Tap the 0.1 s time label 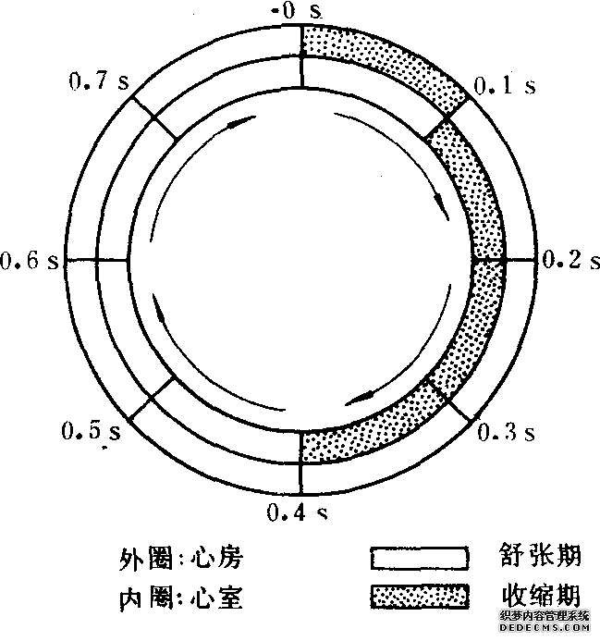(505, 86)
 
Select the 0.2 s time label (571, 259)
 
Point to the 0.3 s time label (506, 432)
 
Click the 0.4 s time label (297, 512)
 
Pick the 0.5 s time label (92, 431)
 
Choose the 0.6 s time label (30, 260)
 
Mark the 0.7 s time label (99, 81)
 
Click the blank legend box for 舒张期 (420, 558)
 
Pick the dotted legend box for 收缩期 (420, 596)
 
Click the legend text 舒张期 (540, 555)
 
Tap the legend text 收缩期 (541, 595)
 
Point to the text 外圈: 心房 (181, 558)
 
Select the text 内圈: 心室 (181, 598)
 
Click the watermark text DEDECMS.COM (545, 627)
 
